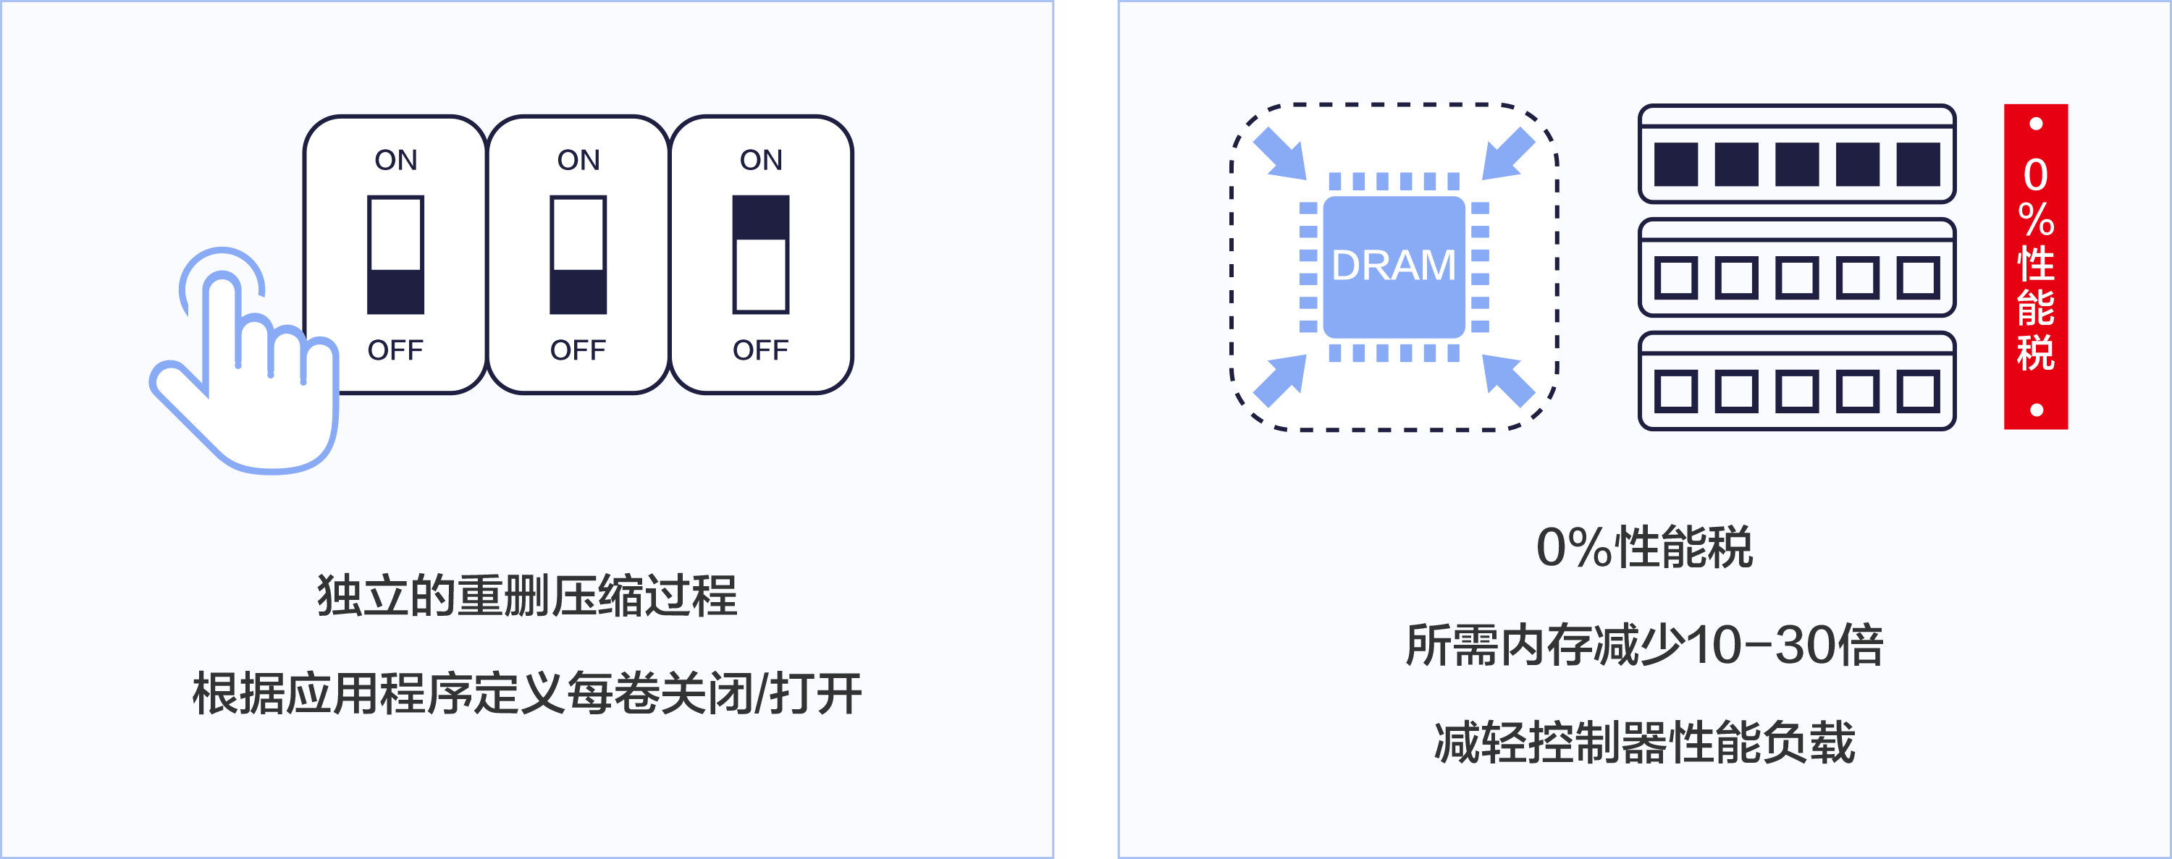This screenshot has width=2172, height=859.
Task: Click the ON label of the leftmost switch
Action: coord(395,160)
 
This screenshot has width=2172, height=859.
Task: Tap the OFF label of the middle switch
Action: coord(578,350)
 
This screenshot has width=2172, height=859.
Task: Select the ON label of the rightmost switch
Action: coord(760,160)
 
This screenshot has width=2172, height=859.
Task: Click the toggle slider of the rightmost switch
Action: coord(760,254)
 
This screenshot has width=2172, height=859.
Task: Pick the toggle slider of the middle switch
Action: coord(578,254)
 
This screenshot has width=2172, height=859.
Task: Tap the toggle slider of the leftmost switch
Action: coord(395,254)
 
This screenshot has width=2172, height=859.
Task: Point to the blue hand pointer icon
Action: coord(245,371)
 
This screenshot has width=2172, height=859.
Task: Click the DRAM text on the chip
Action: coord(1393,266)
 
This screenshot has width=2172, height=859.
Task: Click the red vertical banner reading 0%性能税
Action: coord(2035,266)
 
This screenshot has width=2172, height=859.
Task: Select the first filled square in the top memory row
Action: coord(1675,164)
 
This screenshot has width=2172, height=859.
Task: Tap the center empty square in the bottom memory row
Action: coord(1797,391)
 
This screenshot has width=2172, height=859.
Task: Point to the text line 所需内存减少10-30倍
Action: coord(1644,645)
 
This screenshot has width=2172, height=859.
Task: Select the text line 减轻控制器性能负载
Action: coord(1644,742)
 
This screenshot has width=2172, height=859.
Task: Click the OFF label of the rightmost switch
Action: coord(760,350)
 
